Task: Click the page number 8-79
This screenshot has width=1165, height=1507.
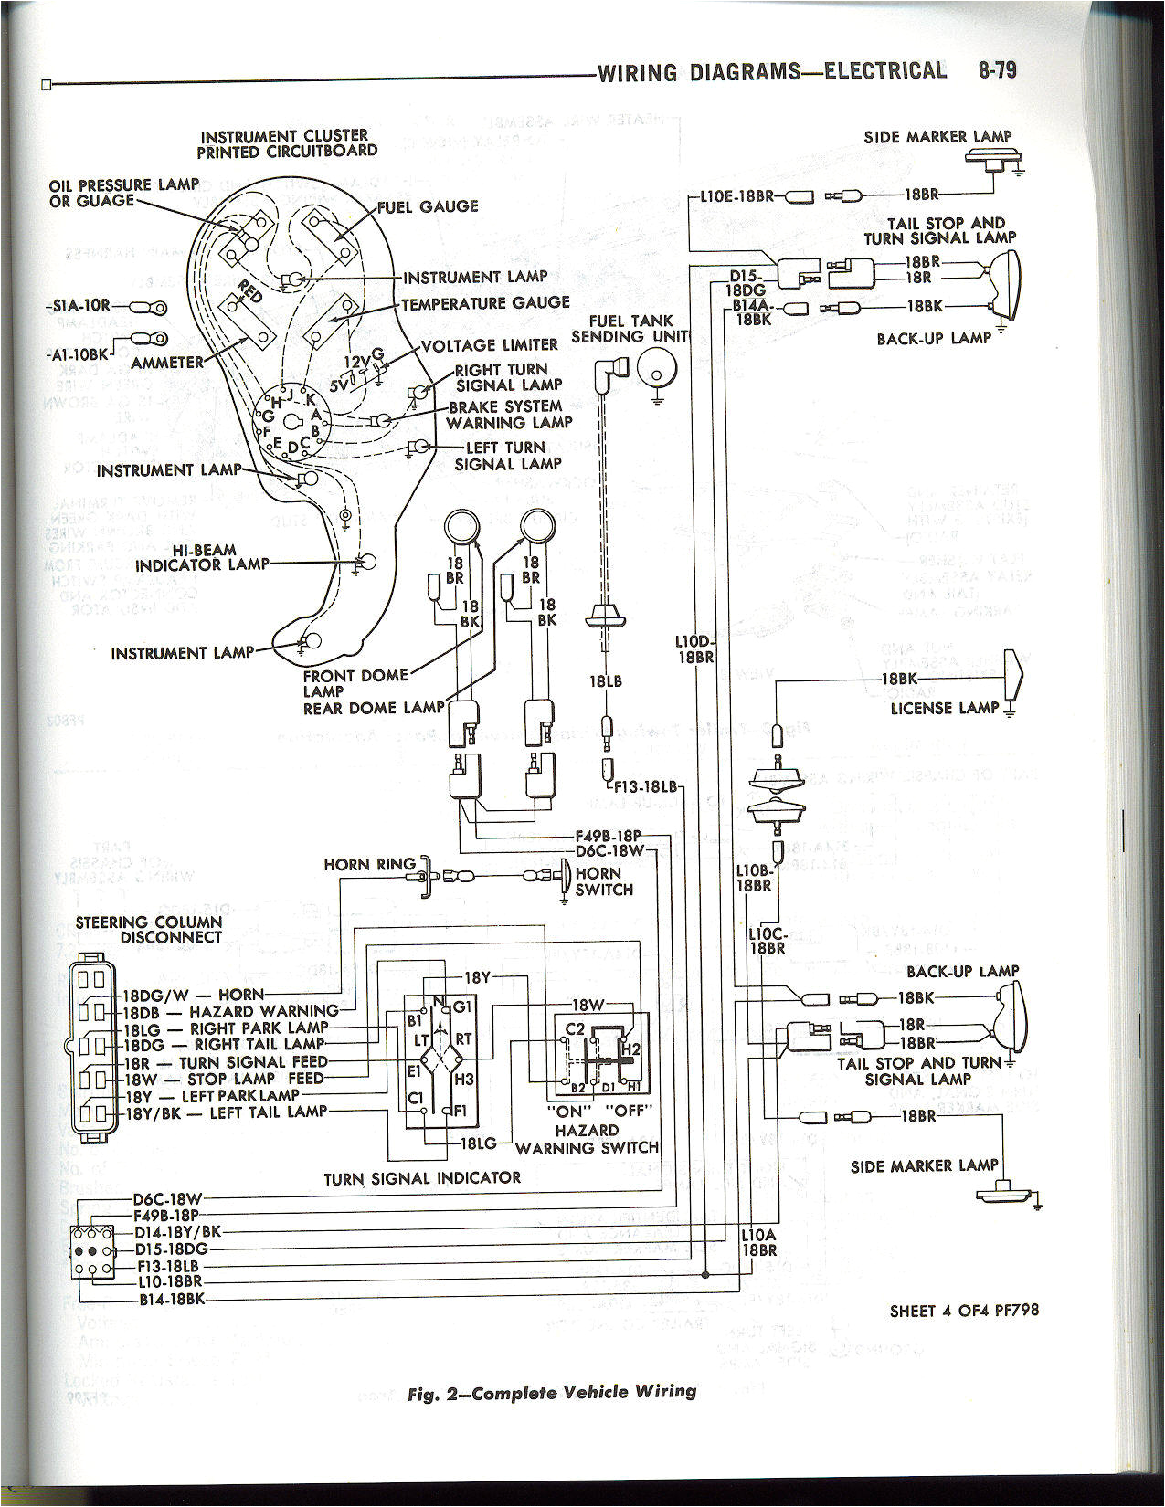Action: tap(997, 70)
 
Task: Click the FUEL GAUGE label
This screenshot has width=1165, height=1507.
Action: tap(428, 206)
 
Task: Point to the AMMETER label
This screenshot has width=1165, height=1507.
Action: tap(167, 363)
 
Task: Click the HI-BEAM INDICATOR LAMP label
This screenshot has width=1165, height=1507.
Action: tap(203, 557)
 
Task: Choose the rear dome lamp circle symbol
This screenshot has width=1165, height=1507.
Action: tap(536, 527)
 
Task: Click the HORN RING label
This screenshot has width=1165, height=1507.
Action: tap(369, 864)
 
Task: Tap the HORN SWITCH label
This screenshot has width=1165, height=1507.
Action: tap(604, 881)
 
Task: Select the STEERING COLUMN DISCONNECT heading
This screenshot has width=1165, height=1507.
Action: tap(149, 930)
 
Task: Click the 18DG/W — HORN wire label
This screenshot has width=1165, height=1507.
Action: tap(194, 995)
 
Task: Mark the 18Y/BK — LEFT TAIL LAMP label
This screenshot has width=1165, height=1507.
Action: tap(225, 1112)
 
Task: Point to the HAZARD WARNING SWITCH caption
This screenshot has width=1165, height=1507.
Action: tap(587, 1139)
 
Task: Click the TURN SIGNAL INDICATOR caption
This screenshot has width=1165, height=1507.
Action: tap(422, 1178)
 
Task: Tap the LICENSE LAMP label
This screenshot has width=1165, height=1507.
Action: tap(945, 708)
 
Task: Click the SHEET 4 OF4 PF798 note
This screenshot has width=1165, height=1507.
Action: tap(964, 1311)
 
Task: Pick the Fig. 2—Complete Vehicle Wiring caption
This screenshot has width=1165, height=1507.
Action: tap(551, 1393)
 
